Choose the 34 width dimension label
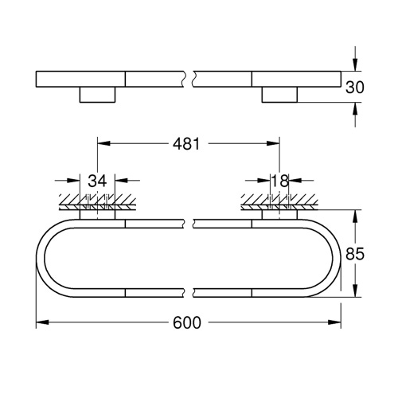click(97, 181)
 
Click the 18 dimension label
click(279, 181)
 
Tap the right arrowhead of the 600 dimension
click(337, 323)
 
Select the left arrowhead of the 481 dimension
click(102, 144)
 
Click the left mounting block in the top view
click(97, 96)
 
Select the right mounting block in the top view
click(279, 96)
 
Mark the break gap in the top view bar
click(190, 79)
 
